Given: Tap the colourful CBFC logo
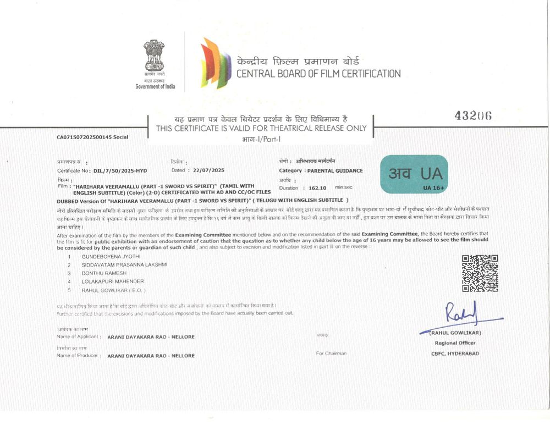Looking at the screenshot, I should [215, 63].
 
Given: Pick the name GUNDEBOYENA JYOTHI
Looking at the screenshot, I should [111, 256].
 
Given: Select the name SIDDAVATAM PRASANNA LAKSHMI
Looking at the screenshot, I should [124, 264].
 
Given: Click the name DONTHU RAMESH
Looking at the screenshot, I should [105, 273].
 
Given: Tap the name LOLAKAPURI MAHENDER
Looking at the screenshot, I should [113, 281].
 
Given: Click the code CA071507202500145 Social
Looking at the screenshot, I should [92, 137].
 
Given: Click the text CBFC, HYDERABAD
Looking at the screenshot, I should [455, 354].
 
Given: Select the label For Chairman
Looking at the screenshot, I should [331, 354].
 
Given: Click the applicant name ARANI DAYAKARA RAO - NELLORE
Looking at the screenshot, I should [151, 336].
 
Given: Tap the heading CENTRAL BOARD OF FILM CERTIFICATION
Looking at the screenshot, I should [318, 73].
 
